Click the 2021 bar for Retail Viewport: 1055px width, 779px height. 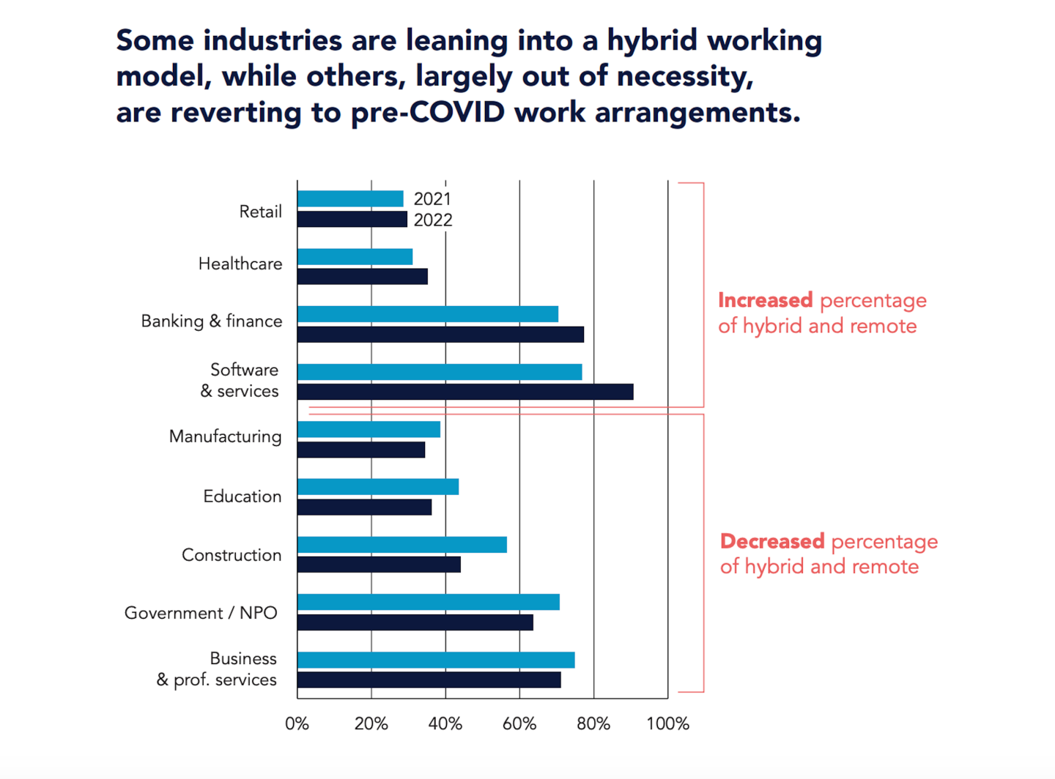pyautogui.click(x=350, y=198)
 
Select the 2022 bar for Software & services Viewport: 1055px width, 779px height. pyautogui.click(x=465, y=392)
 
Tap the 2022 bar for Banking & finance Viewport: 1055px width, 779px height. pyautogui.click(x=440, y=335)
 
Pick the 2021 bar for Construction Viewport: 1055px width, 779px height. pyautogui.click(x=402, y=545)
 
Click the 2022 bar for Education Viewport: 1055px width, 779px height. pyautogui.click(x=364, y=507)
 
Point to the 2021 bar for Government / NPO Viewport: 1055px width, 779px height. pyautogui.click(x=429, y=602)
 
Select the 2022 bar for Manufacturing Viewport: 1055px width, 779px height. pyautogui.click(x=361, y=450)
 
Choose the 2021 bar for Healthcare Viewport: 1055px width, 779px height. pyautogui.click(x=355, y=256)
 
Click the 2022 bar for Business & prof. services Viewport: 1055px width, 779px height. pyautogui.click(x=429, y=680)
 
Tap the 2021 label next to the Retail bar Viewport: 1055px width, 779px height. pyautogui.click(x=432, y=199)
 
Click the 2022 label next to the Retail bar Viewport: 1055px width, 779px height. pyautogui.click(x=433, y=220)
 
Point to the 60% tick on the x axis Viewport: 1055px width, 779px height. pyautogui.click(x=519, y=724)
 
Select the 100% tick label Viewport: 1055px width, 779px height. pyautogui.click(x=667, y=724)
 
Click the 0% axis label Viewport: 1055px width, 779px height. pyautogui.click(x=297, y=724)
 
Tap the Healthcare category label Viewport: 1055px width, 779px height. pyautogui.click(x=240, y=264)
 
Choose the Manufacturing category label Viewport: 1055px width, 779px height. pyautogui.click(x=226, y=436)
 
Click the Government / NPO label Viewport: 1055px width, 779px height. pyautogui.click(x=201, y=613)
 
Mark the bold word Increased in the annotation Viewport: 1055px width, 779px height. pyautogui.click(x=765, y=300)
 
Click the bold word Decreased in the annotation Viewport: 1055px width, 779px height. pyautogui.click(x=772, y=541)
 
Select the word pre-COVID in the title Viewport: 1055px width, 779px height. pyautogui.click(x=428, y=113)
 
